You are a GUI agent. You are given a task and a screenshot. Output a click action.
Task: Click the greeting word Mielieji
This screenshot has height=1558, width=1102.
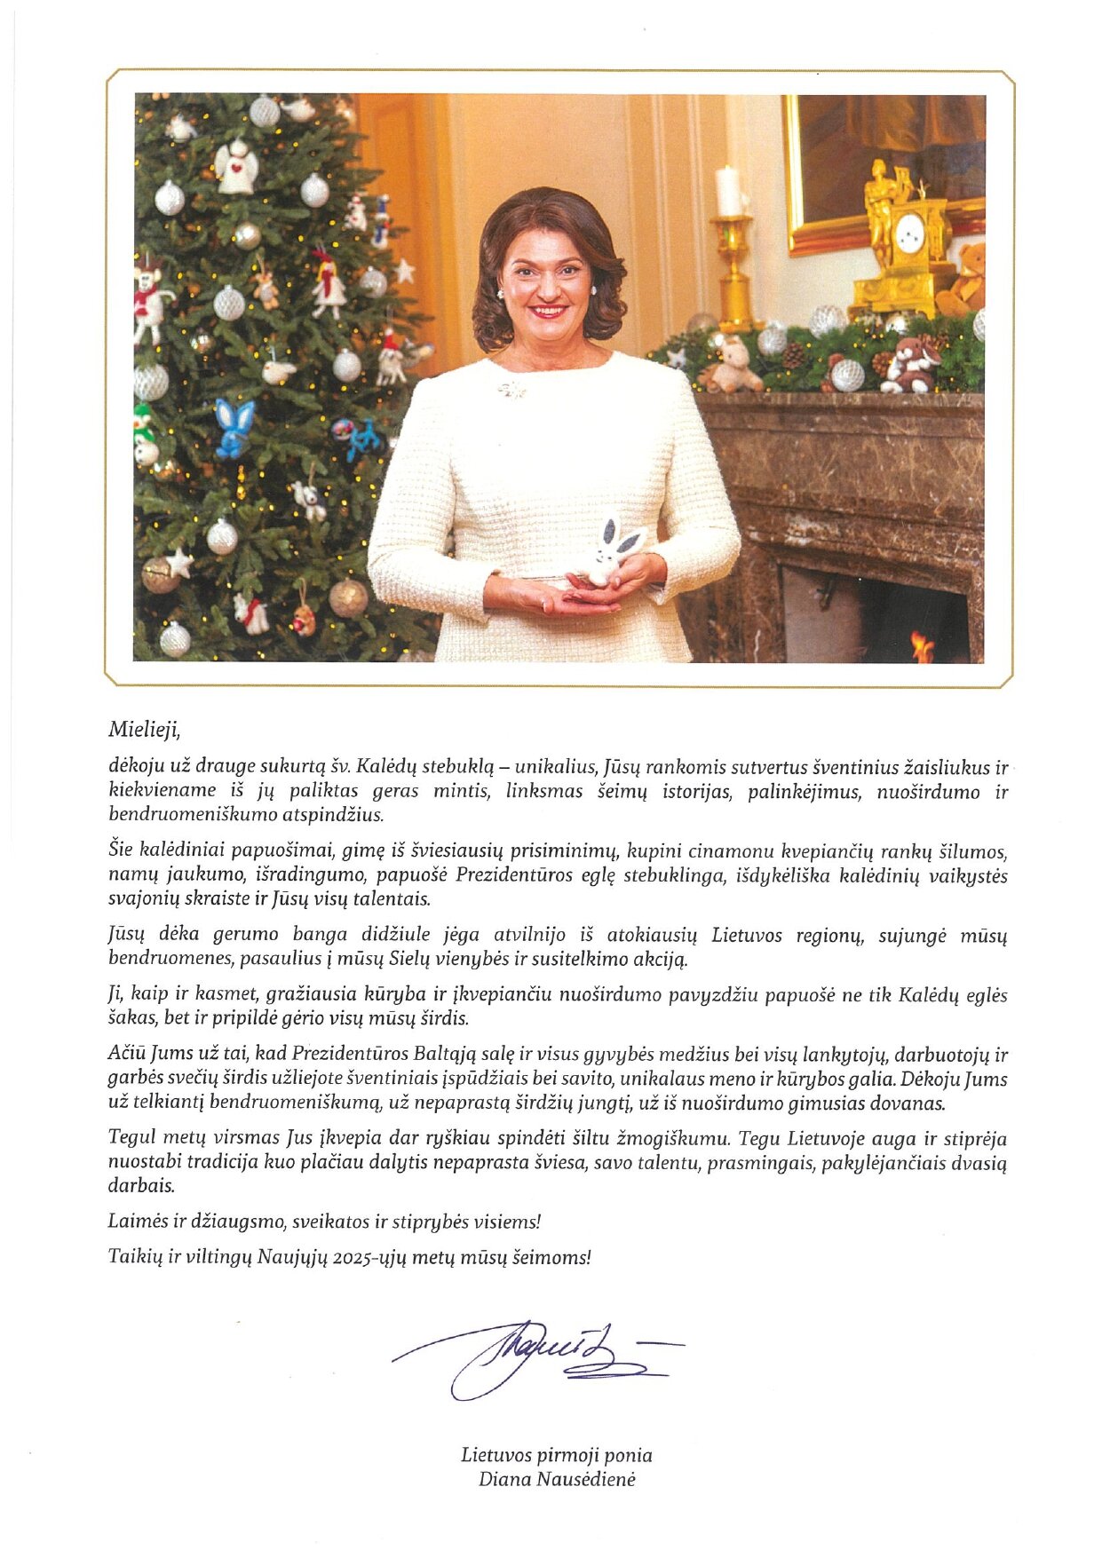[x=144, y=730]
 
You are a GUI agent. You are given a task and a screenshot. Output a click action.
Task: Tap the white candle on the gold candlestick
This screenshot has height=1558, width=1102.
[x=729, y=191]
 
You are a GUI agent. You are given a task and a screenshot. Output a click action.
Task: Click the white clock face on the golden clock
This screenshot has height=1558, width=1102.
[x=909, y=233]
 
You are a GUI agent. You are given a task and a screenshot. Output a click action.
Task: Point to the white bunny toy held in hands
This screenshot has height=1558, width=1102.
[x=612, y=552]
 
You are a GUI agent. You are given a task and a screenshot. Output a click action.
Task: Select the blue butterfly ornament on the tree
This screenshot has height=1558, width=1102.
[x=234, y=425]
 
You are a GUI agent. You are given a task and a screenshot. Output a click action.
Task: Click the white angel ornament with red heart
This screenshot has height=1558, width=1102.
[x=236, y=166]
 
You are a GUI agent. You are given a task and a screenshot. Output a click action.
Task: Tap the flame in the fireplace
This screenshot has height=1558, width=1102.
[x=923, y=645]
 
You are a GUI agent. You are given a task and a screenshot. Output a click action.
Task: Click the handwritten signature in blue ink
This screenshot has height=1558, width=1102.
[x=533, y=1356]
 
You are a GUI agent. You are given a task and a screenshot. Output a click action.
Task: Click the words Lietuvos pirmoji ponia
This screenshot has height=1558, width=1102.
[x=556, y=1455]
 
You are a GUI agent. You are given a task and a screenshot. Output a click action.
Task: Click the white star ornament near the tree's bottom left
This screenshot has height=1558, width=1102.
[x=179, y=562]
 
